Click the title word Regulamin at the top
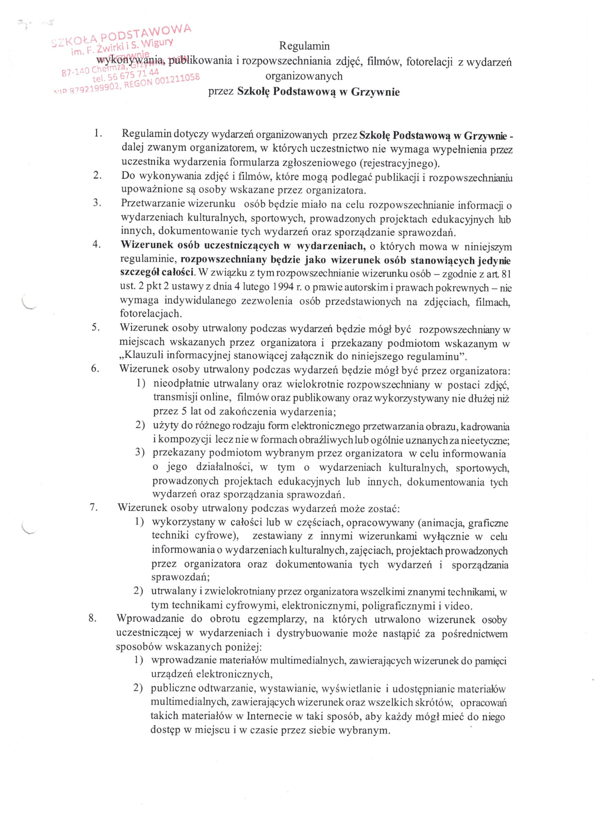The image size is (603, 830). tap(304, 46)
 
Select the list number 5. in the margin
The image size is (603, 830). tap(96, 327)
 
